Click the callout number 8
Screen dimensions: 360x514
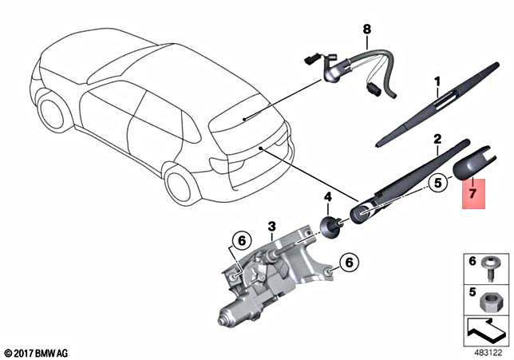[x=367, y=30]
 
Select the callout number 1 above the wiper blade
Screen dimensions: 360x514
[x=437, y=81]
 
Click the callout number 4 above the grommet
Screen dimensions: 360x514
[x=326, y=197]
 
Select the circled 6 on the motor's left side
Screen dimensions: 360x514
[x=242, y=239]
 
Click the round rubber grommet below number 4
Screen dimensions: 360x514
[x=329, y=227]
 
